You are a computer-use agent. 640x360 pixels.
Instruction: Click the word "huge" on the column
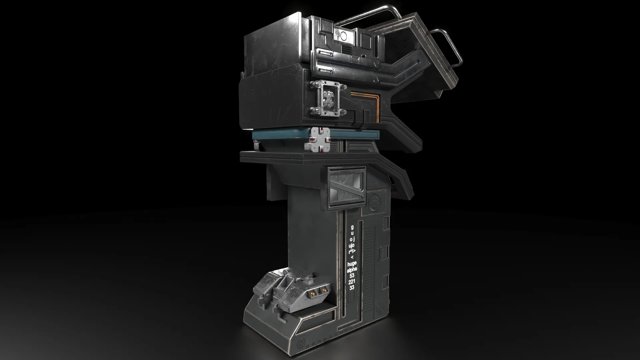pos(352,264)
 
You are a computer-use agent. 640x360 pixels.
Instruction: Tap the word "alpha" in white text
pos(352,270)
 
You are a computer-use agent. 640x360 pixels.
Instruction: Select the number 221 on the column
pos(352,282)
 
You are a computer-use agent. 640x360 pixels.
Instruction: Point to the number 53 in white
pos(352,276)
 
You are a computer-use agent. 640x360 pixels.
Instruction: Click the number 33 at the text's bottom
pos(352,288)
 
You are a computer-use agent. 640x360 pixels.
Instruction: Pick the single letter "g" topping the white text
pos(352,227)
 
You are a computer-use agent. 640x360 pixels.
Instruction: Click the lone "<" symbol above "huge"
pos(352,257)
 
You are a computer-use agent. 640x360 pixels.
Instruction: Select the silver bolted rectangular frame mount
pos(327,99)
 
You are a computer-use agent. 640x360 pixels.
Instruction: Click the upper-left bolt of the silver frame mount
pos(314,85)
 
